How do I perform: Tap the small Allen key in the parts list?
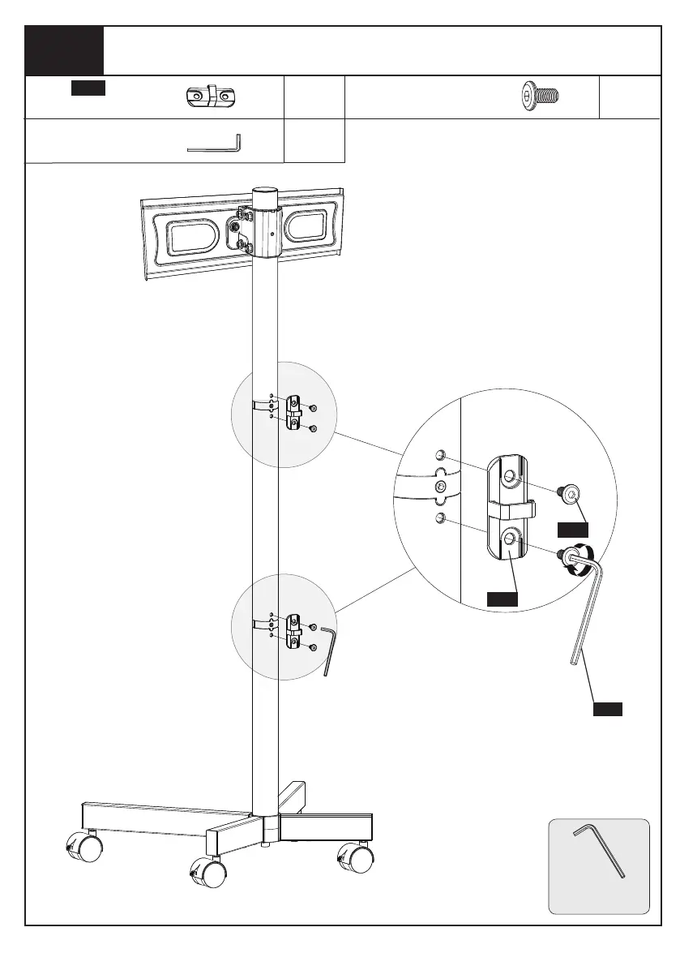coord(214,144)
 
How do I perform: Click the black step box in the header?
coord(64,50)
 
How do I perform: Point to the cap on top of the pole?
coord(265,197)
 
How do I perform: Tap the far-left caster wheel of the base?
coord(85,848)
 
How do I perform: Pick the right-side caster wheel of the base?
coord(356,857)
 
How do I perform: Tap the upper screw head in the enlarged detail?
coord(571,492)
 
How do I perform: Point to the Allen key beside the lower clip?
coord(327,649)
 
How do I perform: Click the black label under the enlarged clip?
coord(502,599)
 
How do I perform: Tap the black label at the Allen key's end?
coord(606,709)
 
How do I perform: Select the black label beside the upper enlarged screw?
coord(572,529)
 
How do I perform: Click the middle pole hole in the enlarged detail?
coord(440,487)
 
